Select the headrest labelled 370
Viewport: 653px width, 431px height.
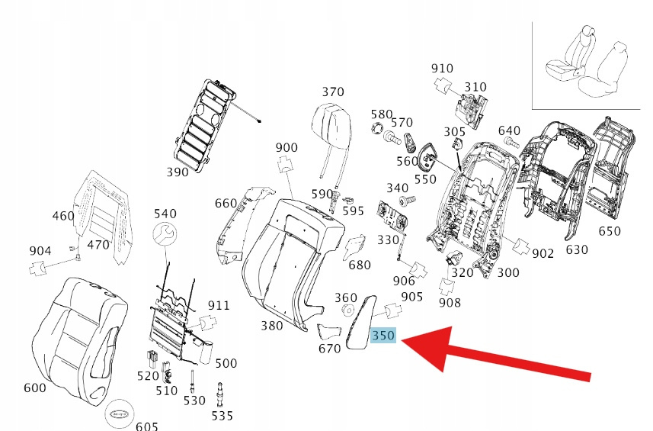(332, 121)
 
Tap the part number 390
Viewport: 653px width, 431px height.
(177, 172)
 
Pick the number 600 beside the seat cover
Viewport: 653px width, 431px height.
(35, 388)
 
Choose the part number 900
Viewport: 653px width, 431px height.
(286, 147)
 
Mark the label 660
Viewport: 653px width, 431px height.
(226, 203)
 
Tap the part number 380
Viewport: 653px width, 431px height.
(271, 326)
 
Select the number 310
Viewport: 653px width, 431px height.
(475, 87)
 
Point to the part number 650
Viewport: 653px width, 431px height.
(610, 231)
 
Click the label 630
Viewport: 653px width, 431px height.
(577, 249)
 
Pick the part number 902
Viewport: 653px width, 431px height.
(543, 254)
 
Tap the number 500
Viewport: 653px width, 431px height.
(226, 363)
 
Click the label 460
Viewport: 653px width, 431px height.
(63, 216)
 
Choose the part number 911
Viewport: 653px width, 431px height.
(219, 306)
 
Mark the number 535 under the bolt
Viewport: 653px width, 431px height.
(222, 416)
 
